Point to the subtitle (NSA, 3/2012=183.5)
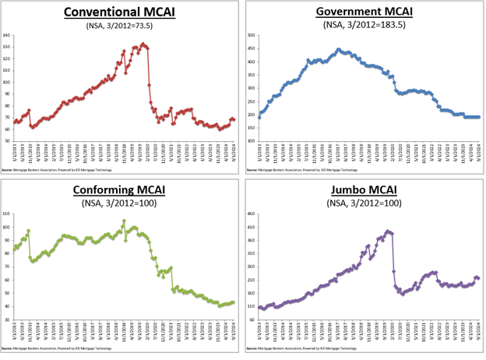pyautogui.click(x=364, y=26)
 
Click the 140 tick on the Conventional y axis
pyautogui.click(x=5, y=36)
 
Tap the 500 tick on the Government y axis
pyautogui.click(x=252, y=36)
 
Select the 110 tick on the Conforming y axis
pyautogui.click(x=5, y=214)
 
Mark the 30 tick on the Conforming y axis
pyautogui.click(x=6, y=319)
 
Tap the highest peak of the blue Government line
pyautogui.click(x=339, y=50)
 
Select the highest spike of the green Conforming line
pyautogui.click(x=123, y=221)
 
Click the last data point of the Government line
pyautogui.click(x=478, y=117)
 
